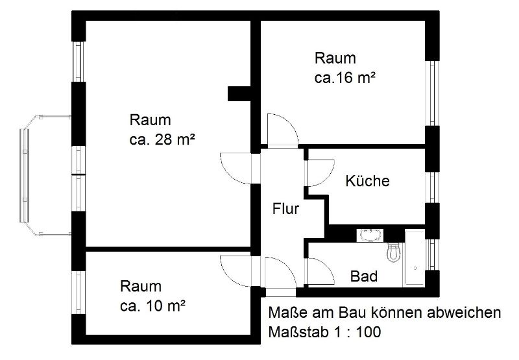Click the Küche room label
[x=367, y=181]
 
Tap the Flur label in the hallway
[x=285, y=209]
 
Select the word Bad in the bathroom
[x=364, y=276]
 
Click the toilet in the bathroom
[x=394, y=252]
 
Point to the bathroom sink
[x=370, y=235]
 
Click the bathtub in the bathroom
[x=415, y=258]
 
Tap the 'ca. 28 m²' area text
[x=162, y=139]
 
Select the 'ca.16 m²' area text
[x=345, y=78]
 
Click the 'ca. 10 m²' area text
[x=152, y=306]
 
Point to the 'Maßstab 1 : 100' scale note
[x=324, y=332]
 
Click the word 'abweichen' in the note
[x=464, y=313]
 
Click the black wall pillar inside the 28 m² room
[x=239, y=93]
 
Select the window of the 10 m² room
[x=78, y=292]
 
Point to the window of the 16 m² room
[x=432, y=93]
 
